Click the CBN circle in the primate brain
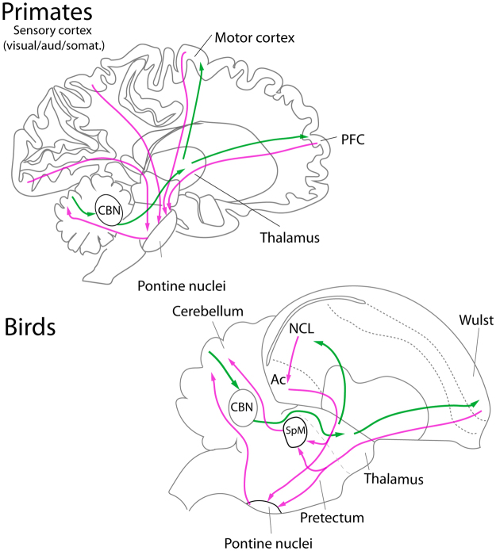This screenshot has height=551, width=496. click(x=108, y=209)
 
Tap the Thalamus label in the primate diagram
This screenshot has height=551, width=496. click(x=283, y=235)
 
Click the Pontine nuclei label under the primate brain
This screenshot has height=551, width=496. click(x=170, y=283)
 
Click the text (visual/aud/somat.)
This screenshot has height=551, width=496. click(x=60, y=46)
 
